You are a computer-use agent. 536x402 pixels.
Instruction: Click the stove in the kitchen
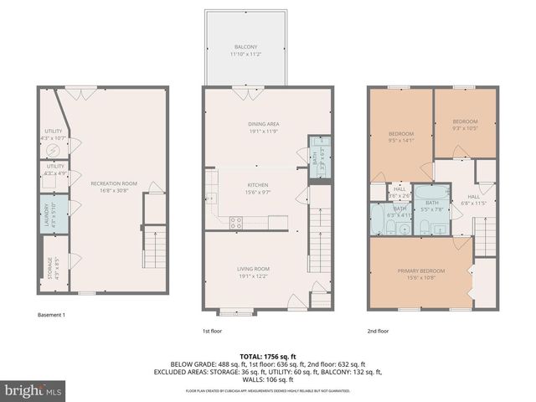[x=236, y=223]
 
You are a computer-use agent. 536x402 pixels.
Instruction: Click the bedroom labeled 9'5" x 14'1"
[x=401, y=137]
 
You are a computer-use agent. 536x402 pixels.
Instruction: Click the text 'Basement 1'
[x=52, y=315]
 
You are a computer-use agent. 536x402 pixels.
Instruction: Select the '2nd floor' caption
[x=379, y=331]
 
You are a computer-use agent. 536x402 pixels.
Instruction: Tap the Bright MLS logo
[x=33, y=390]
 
